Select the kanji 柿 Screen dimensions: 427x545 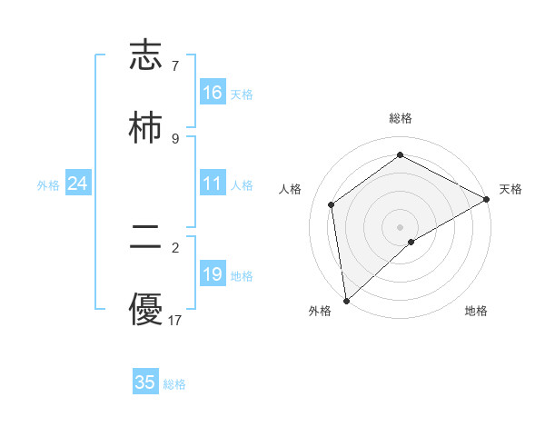(x=145, y=126)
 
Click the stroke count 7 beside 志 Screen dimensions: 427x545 (x=174, y=66)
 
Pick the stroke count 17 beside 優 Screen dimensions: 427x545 (x=175, y=320)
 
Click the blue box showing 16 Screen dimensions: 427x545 (x=213, y=93)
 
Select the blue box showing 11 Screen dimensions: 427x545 (x=213, y=184)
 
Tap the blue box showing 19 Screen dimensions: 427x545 (x=213, y=274)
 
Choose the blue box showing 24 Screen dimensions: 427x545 (x=78, y=184)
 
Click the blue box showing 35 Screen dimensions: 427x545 (x=145, y=382)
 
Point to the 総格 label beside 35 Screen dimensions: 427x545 (x=174, y=384)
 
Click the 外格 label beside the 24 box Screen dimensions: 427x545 (x=48, y=185)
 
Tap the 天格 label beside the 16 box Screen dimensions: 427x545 (x=242, y=94)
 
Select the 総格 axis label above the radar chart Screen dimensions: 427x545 (x=401, y=118)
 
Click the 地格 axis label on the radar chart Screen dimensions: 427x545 (x=476, y=312)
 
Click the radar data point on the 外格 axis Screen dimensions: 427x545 (x=346, y=301)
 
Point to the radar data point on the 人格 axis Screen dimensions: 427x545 (x=332, y=204)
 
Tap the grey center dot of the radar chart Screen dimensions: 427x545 (x=401, y=226)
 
